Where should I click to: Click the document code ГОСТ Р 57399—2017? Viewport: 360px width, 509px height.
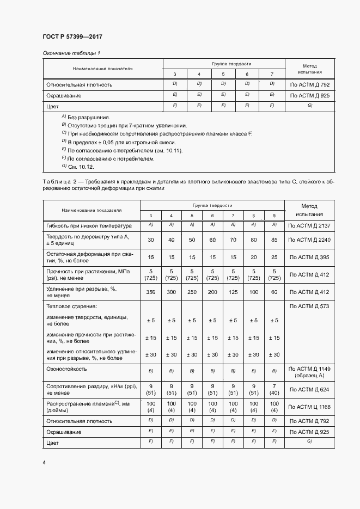click(72, 36)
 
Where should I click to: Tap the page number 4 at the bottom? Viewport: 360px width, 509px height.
click(44, 462)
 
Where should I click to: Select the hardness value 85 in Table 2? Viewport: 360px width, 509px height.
click(274, 240)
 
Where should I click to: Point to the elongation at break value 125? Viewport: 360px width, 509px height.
click(233, 292)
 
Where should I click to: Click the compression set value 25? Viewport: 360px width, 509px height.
click(274, 257)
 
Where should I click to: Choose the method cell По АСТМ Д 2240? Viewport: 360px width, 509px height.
click(309, 240)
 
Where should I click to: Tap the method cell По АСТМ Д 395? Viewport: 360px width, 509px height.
click(309, 257)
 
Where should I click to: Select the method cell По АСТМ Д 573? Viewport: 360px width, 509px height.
click(309, 307)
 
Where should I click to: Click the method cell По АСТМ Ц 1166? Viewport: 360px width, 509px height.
click(309, 407)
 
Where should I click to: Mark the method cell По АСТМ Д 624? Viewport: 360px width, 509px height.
click(309, 389)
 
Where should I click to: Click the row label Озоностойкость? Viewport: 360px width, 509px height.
click(66, 369)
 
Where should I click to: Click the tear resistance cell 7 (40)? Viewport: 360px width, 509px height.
click(274, 389)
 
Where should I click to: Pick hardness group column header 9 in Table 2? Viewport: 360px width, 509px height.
click(274, 216)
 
